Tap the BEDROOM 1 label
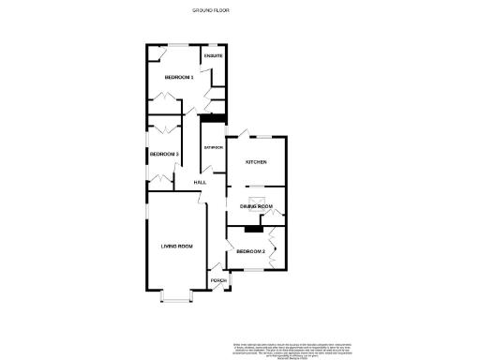(x=178, y=77)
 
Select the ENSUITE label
(x=214, y=56)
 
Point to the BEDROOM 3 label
(x=164, y=154)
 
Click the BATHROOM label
(x=214, y=148)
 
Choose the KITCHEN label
(x=256, y=161)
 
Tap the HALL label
(x=200, y=182)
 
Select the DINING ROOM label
(x=256, y=205)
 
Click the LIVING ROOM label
(x=176, y=246)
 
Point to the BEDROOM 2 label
(x=250, y=252)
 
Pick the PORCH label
(x=217, y=280)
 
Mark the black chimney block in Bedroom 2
(x=251, y=228)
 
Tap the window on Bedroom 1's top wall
(x=176, y=44)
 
